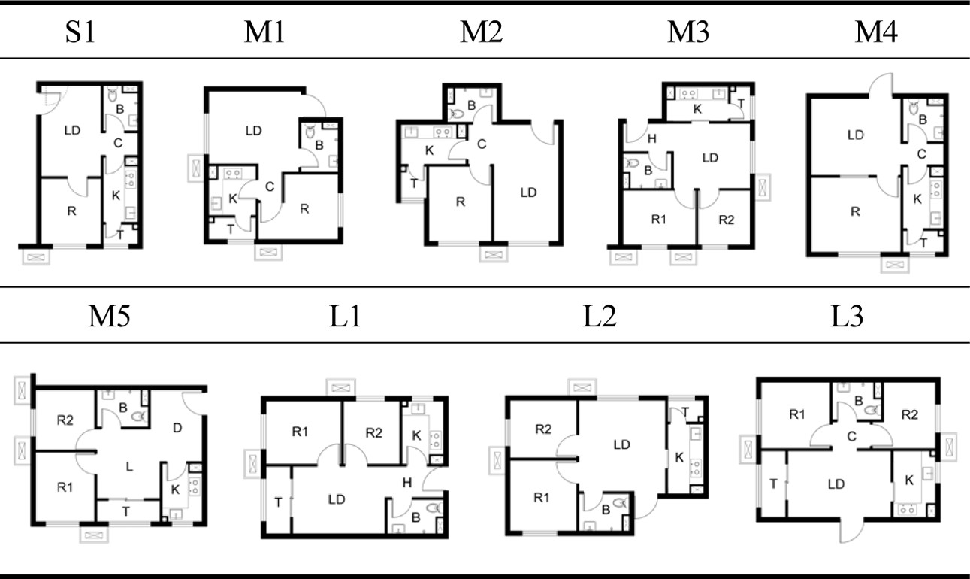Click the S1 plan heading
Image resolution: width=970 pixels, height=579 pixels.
click(x=80, y=32)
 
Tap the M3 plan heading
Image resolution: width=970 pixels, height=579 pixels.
click(x=688, y=32)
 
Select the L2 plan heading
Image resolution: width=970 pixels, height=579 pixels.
click(x=600, y=316)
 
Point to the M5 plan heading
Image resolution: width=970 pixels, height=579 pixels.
click(x=109, y=316)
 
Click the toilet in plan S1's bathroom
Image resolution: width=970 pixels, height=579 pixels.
click(x=112, y=95)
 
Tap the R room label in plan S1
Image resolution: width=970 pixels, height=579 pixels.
click(x=72, y=211)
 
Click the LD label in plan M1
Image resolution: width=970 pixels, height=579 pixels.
click(x=253, y=130)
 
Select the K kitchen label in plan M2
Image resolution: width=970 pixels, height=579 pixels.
click(x=429, y=150)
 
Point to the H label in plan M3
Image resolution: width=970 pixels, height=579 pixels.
click(x=651, y=138)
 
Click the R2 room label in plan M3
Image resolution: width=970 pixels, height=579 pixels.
click(x=727, y=220)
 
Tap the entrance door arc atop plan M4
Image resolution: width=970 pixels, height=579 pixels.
click(x=881, y=85)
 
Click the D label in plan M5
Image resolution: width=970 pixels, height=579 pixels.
click(x=177, y=428)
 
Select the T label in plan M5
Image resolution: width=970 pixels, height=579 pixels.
click(x=126, y=512)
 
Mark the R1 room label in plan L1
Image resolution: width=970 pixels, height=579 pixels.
click(x=300, y=432)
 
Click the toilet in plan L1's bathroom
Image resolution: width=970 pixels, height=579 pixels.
click(x=434, y=508)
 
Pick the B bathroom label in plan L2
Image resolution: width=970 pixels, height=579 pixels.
click(x=606, y=510)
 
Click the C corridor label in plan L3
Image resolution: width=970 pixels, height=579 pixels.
click(x=851, y=436)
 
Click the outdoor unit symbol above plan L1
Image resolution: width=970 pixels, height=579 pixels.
click(x=341, y=388)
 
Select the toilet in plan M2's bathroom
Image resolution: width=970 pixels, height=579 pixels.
click(x=456, y=114)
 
